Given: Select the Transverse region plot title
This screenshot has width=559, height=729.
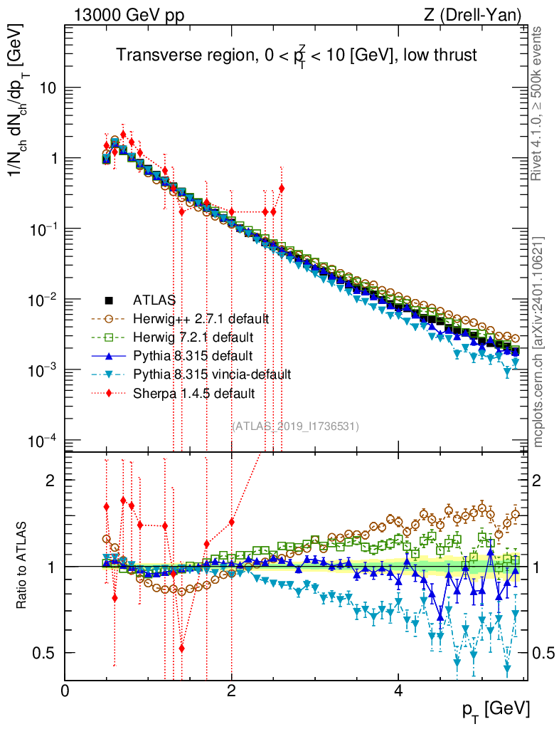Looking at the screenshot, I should pyautogui.click(x=296, y=56).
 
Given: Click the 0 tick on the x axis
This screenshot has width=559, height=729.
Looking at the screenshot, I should pyautogui.click(x=65, y=690).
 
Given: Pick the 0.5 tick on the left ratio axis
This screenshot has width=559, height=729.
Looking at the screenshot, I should pyautogui.click(x=45, y=653).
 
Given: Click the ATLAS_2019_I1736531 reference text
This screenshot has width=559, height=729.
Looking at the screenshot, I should pyautogui.click(x=296, y=426).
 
